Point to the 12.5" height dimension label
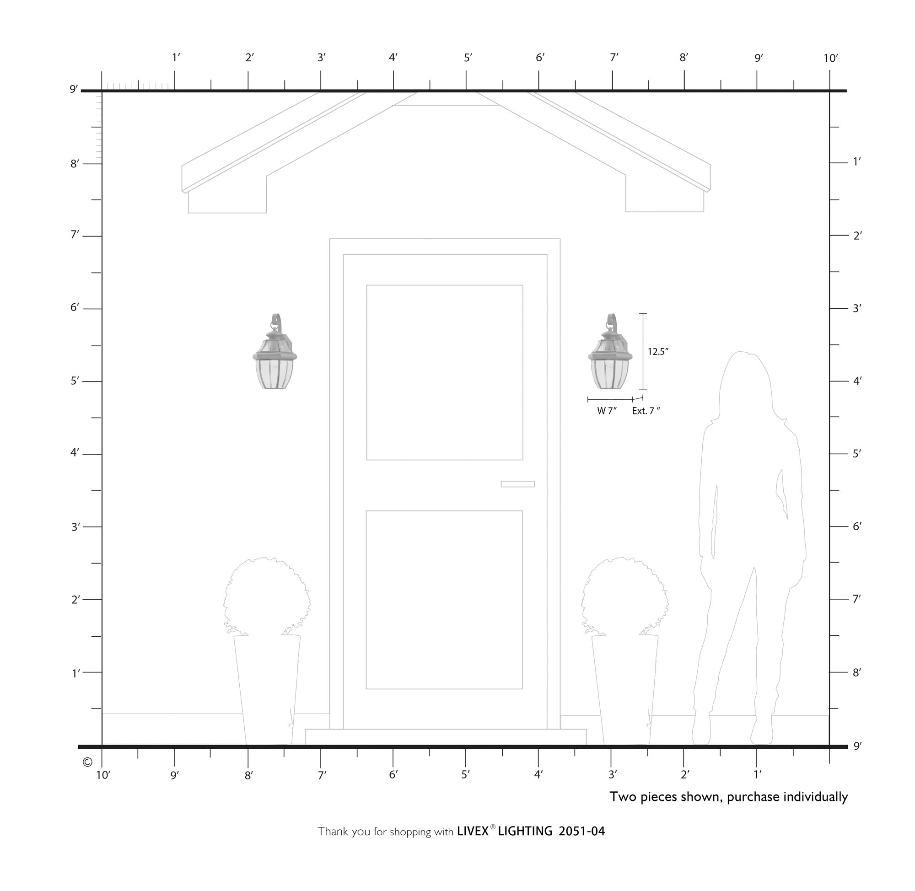coord(658,351)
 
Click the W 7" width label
coord(607,411)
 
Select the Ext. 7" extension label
coord(646,411)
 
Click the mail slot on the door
coord(517,484)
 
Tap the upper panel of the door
coord(445,372)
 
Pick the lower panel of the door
coord(444,600)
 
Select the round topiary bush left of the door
coord(267,596)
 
